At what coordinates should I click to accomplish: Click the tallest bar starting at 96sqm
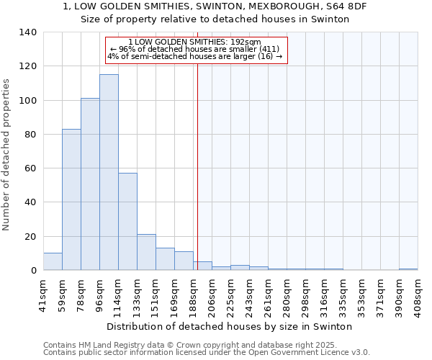pos(109,173)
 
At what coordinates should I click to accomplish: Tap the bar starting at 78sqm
pos(90,184)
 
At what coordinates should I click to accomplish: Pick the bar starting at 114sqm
pos(127,222)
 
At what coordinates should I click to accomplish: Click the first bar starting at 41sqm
pos(53,261)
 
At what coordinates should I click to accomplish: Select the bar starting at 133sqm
pos(146,252)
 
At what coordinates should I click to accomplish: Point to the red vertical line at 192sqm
pos(197,166)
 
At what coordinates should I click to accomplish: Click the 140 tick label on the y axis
pos(28,32)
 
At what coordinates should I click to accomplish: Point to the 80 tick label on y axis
pos(31,135)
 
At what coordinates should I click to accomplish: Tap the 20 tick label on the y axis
pos(31,236)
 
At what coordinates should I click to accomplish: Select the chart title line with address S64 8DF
pos(215,6)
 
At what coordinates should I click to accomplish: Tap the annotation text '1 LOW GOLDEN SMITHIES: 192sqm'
pos(194,42)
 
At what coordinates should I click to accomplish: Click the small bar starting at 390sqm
pos(408,269)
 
